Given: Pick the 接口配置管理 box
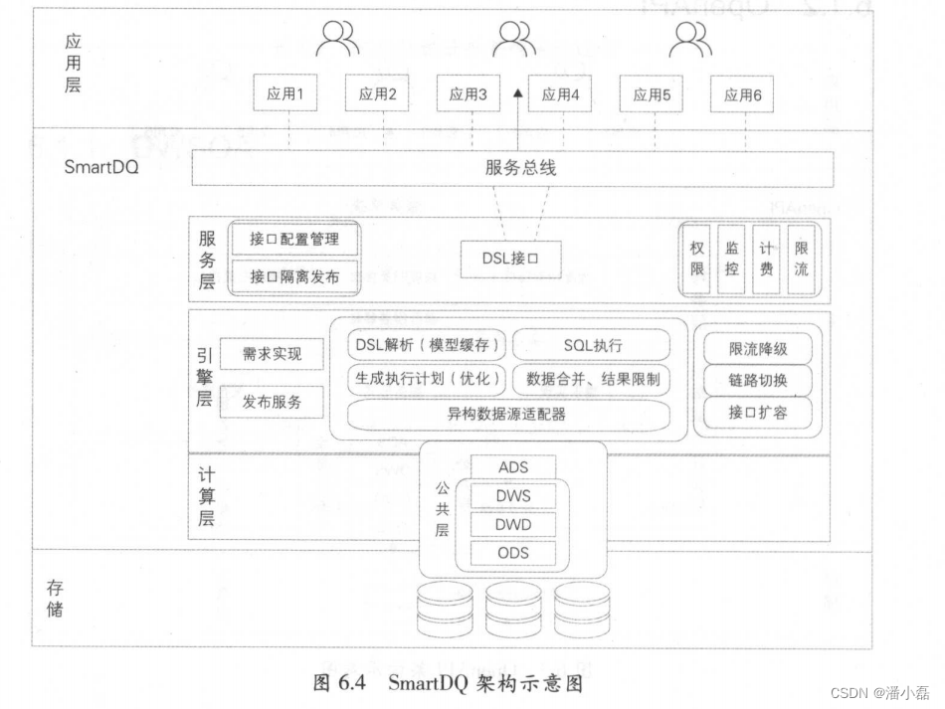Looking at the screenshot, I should [x=293, y=240].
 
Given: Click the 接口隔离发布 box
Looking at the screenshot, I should [x=293, y=276].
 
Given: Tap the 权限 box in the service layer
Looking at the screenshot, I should [x=697, y=260].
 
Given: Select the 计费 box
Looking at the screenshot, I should [x=765, y=260].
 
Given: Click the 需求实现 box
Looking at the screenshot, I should [x=271, y=354].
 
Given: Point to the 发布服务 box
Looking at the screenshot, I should [x=271, y=402].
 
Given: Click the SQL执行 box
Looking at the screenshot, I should [x=593, y=345].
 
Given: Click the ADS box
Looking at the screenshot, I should [x=512, y=466].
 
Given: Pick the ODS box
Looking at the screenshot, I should [x=512, y=553].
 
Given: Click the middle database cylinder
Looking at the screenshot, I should [x=513, y=608].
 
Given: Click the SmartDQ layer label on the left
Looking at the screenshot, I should [x=101, y=167].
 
